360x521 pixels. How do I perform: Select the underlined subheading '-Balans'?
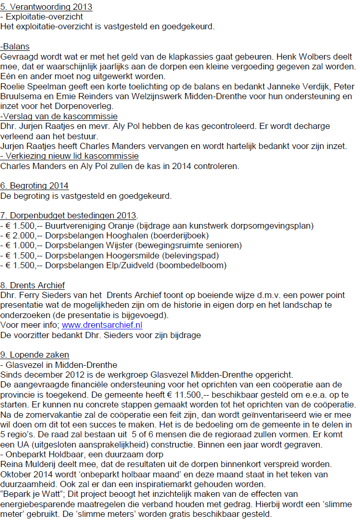(x=15, y=46)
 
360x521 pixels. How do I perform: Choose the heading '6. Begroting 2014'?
(x=34, y=186)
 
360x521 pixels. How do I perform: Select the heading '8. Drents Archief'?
(x=33, y=285)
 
